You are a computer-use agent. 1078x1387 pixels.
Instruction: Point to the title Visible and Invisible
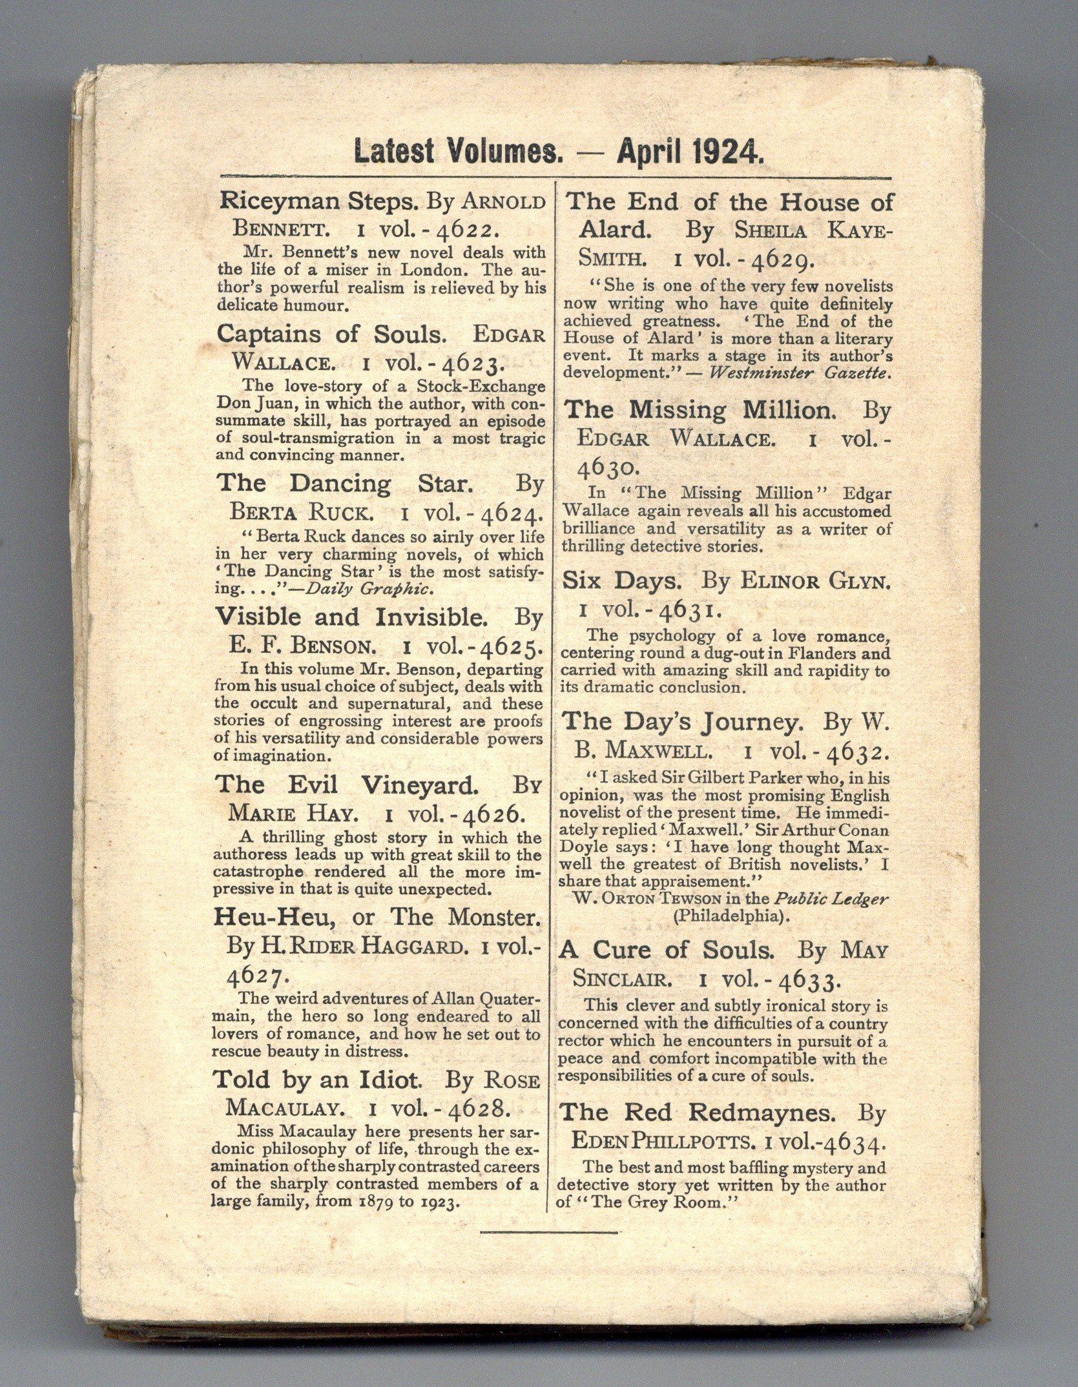[x=352, y=617]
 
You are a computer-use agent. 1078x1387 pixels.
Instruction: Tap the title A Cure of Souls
[x=667, y=950]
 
